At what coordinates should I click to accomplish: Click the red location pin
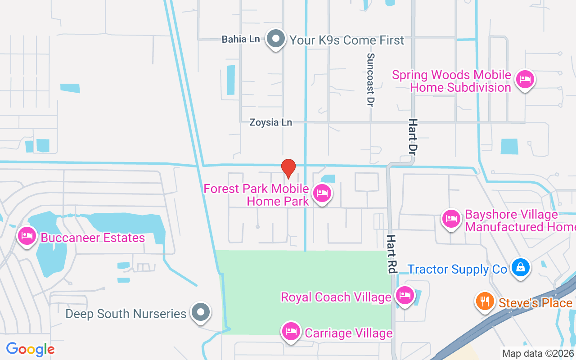pyautogui.click(x=288, y=168)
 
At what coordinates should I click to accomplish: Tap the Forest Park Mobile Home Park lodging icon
pyautogui.click(x=322, y=193)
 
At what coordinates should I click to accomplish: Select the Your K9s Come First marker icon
pyautogui.click(x=276, y=39)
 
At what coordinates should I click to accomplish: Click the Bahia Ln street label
pyautogui.click(x=241, y=39)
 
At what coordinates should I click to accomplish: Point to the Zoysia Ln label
pyautogui.click(x=271, y=122)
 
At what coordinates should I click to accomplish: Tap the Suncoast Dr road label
pyautogui.click(x=370, y=80)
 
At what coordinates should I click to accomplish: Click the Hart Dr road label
pyautogui.click(x=413, y=137)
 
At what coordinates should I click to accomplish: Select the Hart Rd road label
pyautogui.click(x=391, y=254)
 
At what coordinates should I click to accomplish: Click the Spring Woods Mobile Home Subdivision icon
pyautogui.click(x=524, y=79)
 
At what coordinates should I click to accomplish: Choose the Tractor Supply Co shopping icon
pyautogui.click(x=521, y=267)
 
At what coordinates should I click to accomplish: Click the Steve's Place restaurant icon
pyautogui.click(x=485, y=301)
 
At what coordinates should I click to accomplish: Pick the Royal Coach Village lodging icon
pyautogui.click(x=405, y=295)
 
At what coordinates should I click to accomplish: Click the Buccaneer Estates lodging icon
pyautogui.click(x=27, y=236)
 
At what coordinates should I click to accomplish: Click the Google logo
pyautogui.click(x=30, y=349)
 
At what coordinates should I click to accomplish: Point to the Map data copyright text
pyautogui.click(x=538, y=354)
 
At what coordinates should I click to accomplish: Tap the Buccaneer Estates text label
pyautogui.click(x=93, y=238)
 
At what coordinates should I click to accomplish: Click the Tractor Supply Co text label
pyautogui.click(x=457, y=269)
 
